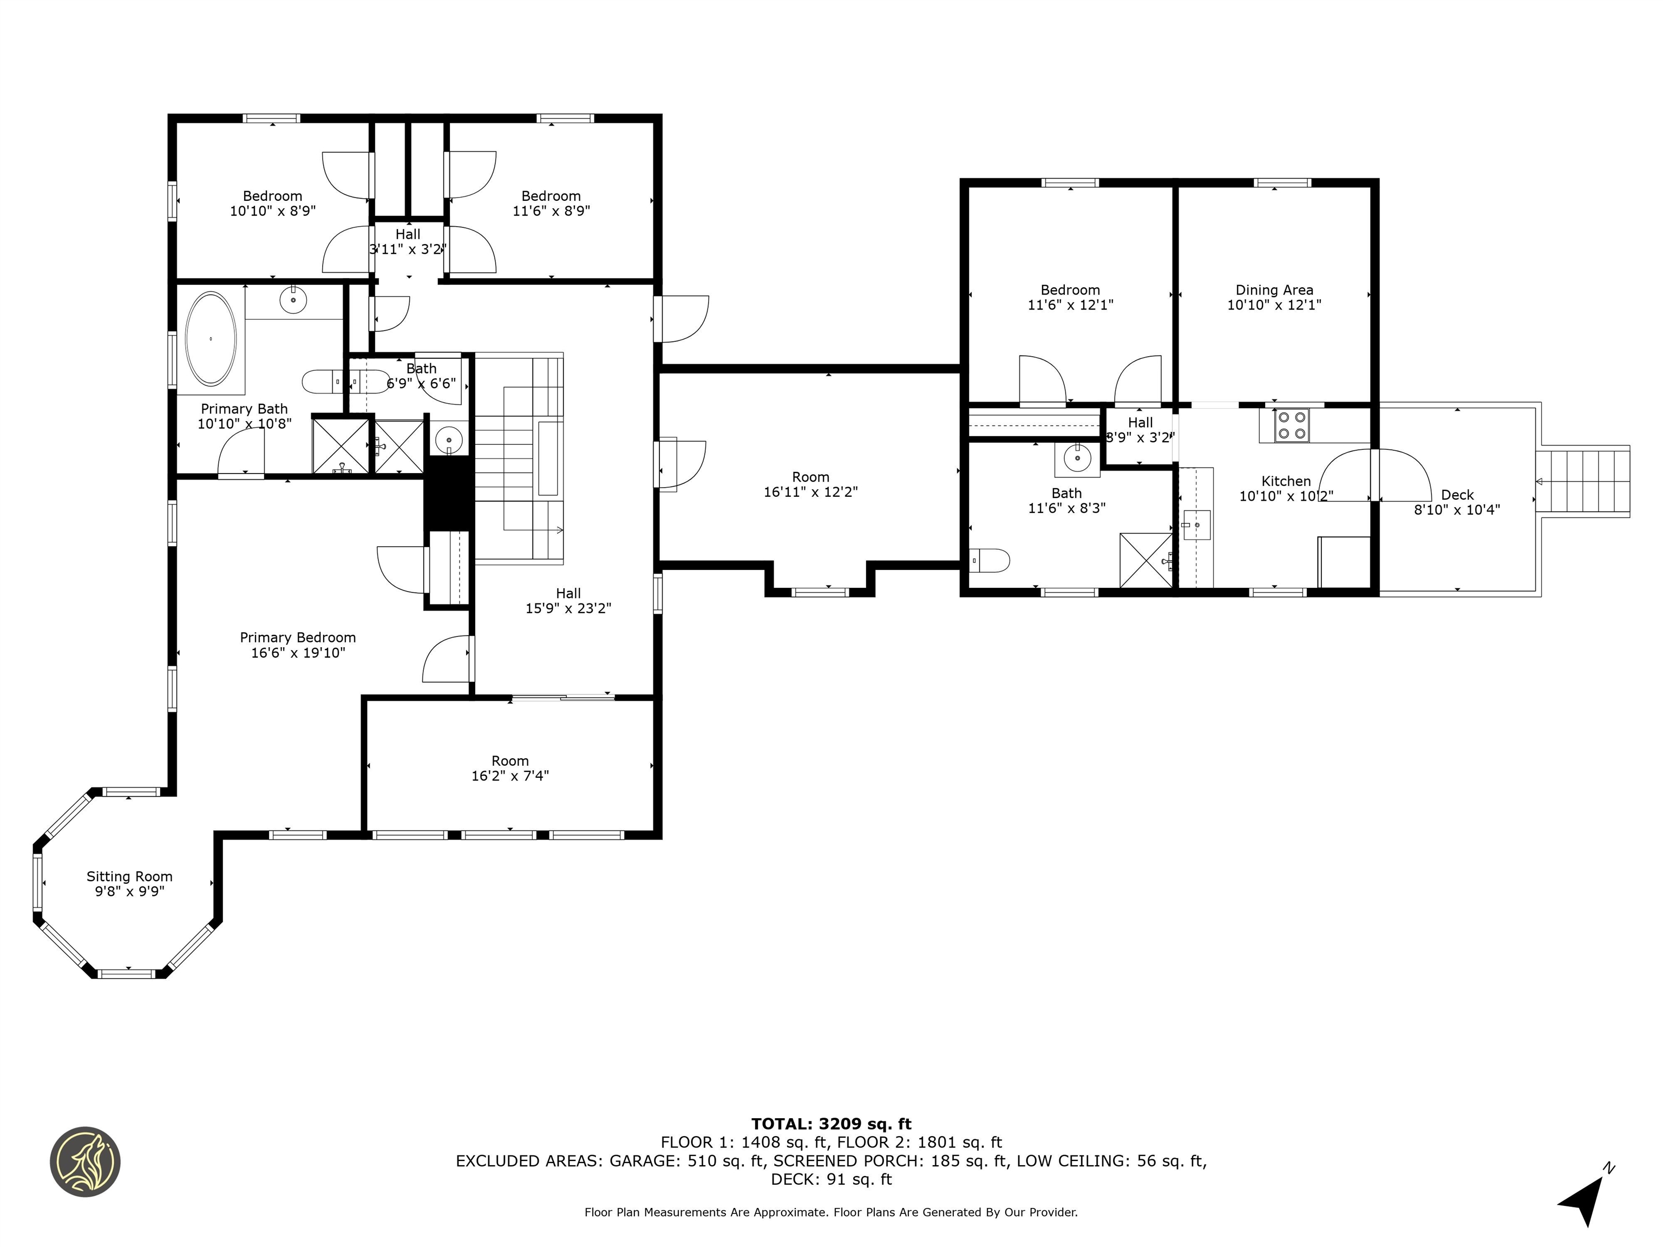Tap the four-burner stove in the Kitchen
click(x=1292, y=425)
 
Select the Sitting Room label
click(x=129, y=876)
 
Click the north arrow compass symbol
click(x=1585, y=1197)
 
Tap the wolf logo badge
click(x=85, y=1161)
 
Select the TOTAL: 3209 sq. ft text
click(x=831, y=1124)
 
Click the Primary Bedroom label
click(x=298, y=638)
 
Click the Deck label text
click(x=1457, y=495)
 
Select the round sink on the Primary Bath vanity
click(x=292, y=300)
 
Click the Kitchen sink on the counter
click(x=1195, y=524)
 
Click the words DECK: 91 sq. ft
click(x=831, y=1179)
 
